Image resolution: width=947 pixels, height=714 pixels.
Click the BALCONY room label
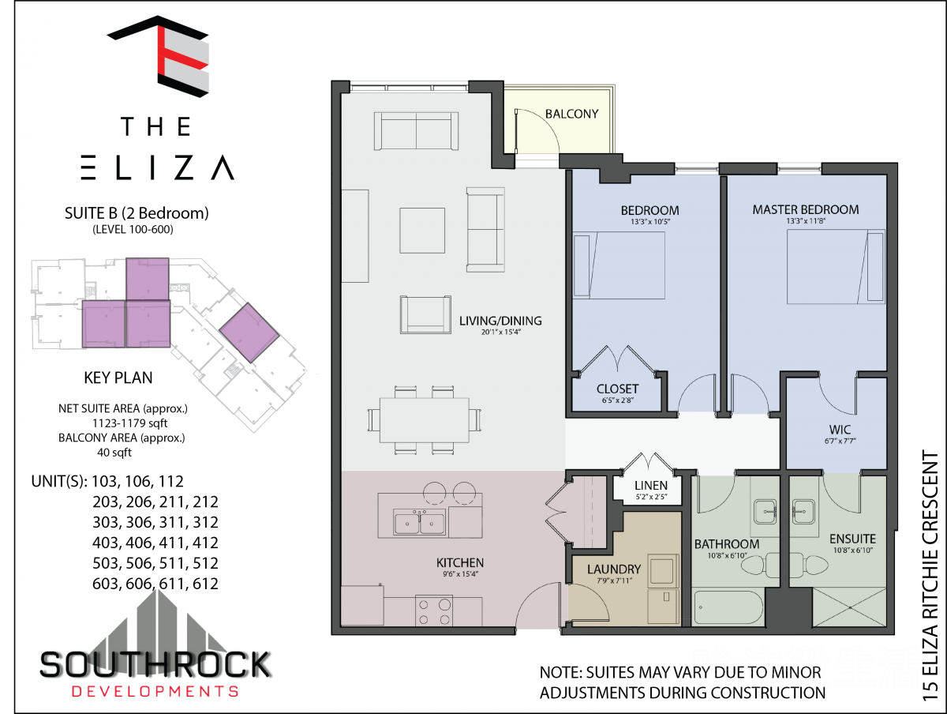[x=571, y=114]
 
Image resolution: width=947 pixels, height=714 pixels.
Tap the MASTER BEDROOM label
[x=806, y=210]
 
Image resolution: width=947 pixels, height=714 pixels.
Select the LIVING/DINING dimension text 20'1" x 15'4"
[x=500, y=332]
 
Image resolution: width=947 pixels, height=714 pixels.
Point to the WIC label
[x=840, y=430]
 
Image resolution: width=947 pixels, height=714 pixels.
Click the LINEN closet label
[x=651, y=485]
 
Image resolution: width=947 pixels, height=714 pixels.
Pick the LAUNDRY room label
[x=614, y=569]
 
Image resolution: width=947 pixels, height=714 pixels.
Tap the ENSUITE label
[x=852, y=539]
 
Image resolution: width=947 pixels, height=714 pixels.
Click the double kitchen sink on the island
[x=419, y=522]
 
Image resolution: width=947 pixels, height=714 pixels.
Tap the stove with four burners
[x=434, y=611]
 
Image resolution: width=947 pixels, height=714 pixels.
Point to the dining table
[x=425, y=420]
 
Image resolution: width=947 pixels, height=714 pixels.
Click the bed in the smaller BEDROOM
[x=619, y=265]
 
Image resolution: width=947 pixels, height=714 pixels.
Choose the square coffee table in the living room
[x=422, y=231]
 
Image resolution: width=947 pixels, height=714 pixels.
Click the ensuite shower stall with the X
[x=849, y=607]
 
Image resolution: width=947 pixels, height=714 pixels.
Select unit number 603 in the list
[x=106, y=584]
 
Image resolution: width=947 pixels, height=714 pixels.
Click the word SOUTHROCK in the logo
[x=155, y=665]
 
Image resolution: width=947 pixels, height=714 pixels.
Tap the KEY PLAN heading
[x=118, y=378]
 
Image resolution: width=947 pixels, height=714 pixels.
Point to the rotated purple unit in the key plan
[x=249, y=333]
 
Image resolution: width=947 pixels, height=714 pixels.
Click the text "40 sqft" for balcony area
[x=114, y=453]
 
